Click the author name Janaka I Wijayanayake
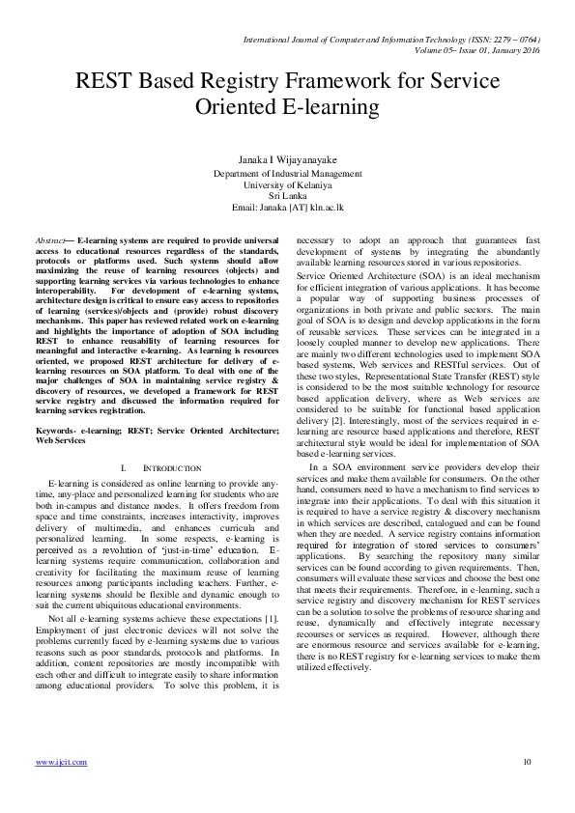point(287,158)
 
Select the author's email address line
point(287,206)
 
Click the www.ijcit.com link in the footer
point(61,762)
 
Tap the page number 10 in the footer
point(527,762)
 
